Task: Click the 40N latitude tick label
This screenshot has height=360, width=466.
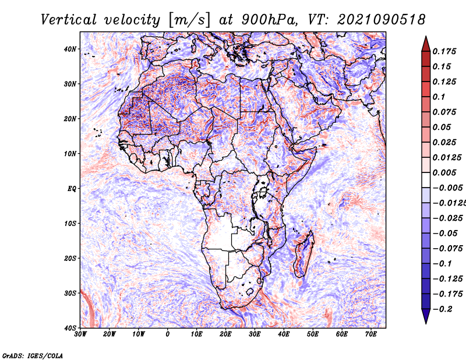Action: tap(70, 49)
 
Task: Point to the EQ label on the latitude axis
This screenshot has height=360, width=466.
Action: tap(72, 188)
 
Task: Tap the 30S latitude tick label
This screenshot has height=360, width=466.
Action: tap(70, 292)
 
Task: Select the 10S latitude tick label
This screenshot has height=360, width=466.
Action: tap(70, 223)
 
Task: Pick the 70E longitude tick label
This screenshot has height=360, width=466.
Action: tap(370, 334)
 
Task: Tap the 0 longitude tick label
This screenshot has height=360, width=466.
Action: tap(168, 334)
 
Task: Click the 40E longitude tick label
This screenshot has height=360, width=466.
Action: tap(284, 334)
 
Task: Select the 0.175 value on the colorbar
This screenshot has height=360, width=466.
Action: tap(444, 51)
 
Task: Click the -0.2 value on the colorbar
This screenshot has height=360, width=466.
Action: tap(444, 309)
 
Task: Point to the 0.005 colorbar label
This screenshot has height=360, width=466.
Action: tap(444, 172)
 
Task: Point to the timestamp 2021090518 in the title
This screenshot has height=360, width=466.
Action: tap(376, 19)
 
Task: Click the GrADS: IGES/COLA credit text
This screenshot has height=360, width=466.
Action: tap(33, 354)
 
